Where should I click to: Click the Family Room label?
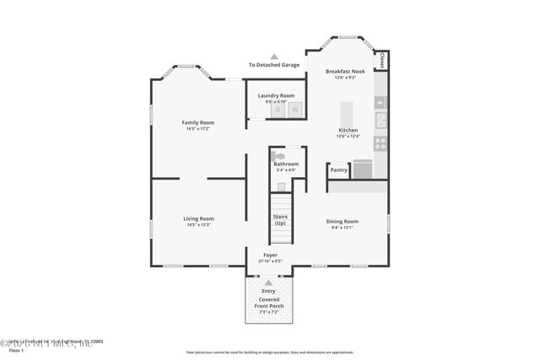[x=198, y=122]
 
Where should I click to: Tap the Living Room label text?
[x=198, y=218]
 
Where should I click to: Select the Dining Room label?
[x=343, y=221]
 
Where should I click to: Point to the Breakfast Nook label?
[x=346, y=72]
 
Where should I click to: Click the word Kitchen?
[x=348, y=131]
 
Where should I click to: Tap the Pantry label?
[x=338, y=170]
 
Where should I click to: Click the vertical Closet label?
[x=382, y=61]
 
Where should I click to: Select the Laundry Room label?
[x=276, y=95]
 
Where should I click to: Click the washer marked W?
[x=295, y=110]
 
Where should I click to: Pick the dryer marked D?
[x=277, y=110]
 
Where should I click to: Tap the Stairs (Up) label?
[x=279, y=219]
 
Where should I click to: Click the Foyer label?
[x=270, y=255]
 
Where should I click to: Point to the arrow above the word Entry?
[x=269, y=282]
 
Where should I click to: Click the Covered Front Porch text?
[x=269, y=303]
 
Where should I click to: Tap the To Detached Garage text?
[x=273, y=65]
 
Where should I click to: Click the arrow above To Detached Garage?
[x=273, y=56]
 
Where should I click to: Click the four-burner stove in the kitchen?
[x=381, y=143]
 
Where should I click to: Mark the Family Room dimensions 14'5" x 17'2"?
[x=198, y=129]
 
